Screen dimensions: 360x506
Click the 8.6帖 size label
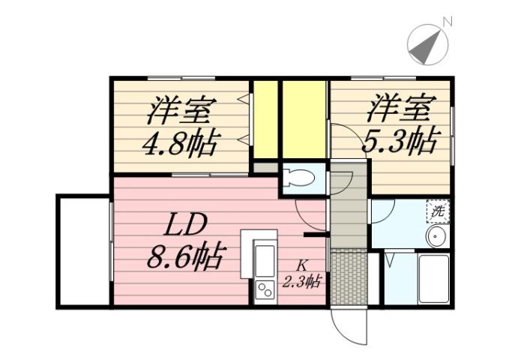coord(184,259)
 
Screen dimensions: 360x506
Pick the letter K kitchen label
coord(301,265)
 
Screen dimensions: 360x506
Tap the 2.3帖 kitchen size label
coord(302,282)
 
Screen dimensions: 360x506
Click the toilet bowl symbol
coord(301,179)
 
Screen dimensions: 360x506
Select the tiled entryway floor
coord(348,278)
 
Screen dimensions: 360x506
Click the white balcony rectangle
coord(83,250)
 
